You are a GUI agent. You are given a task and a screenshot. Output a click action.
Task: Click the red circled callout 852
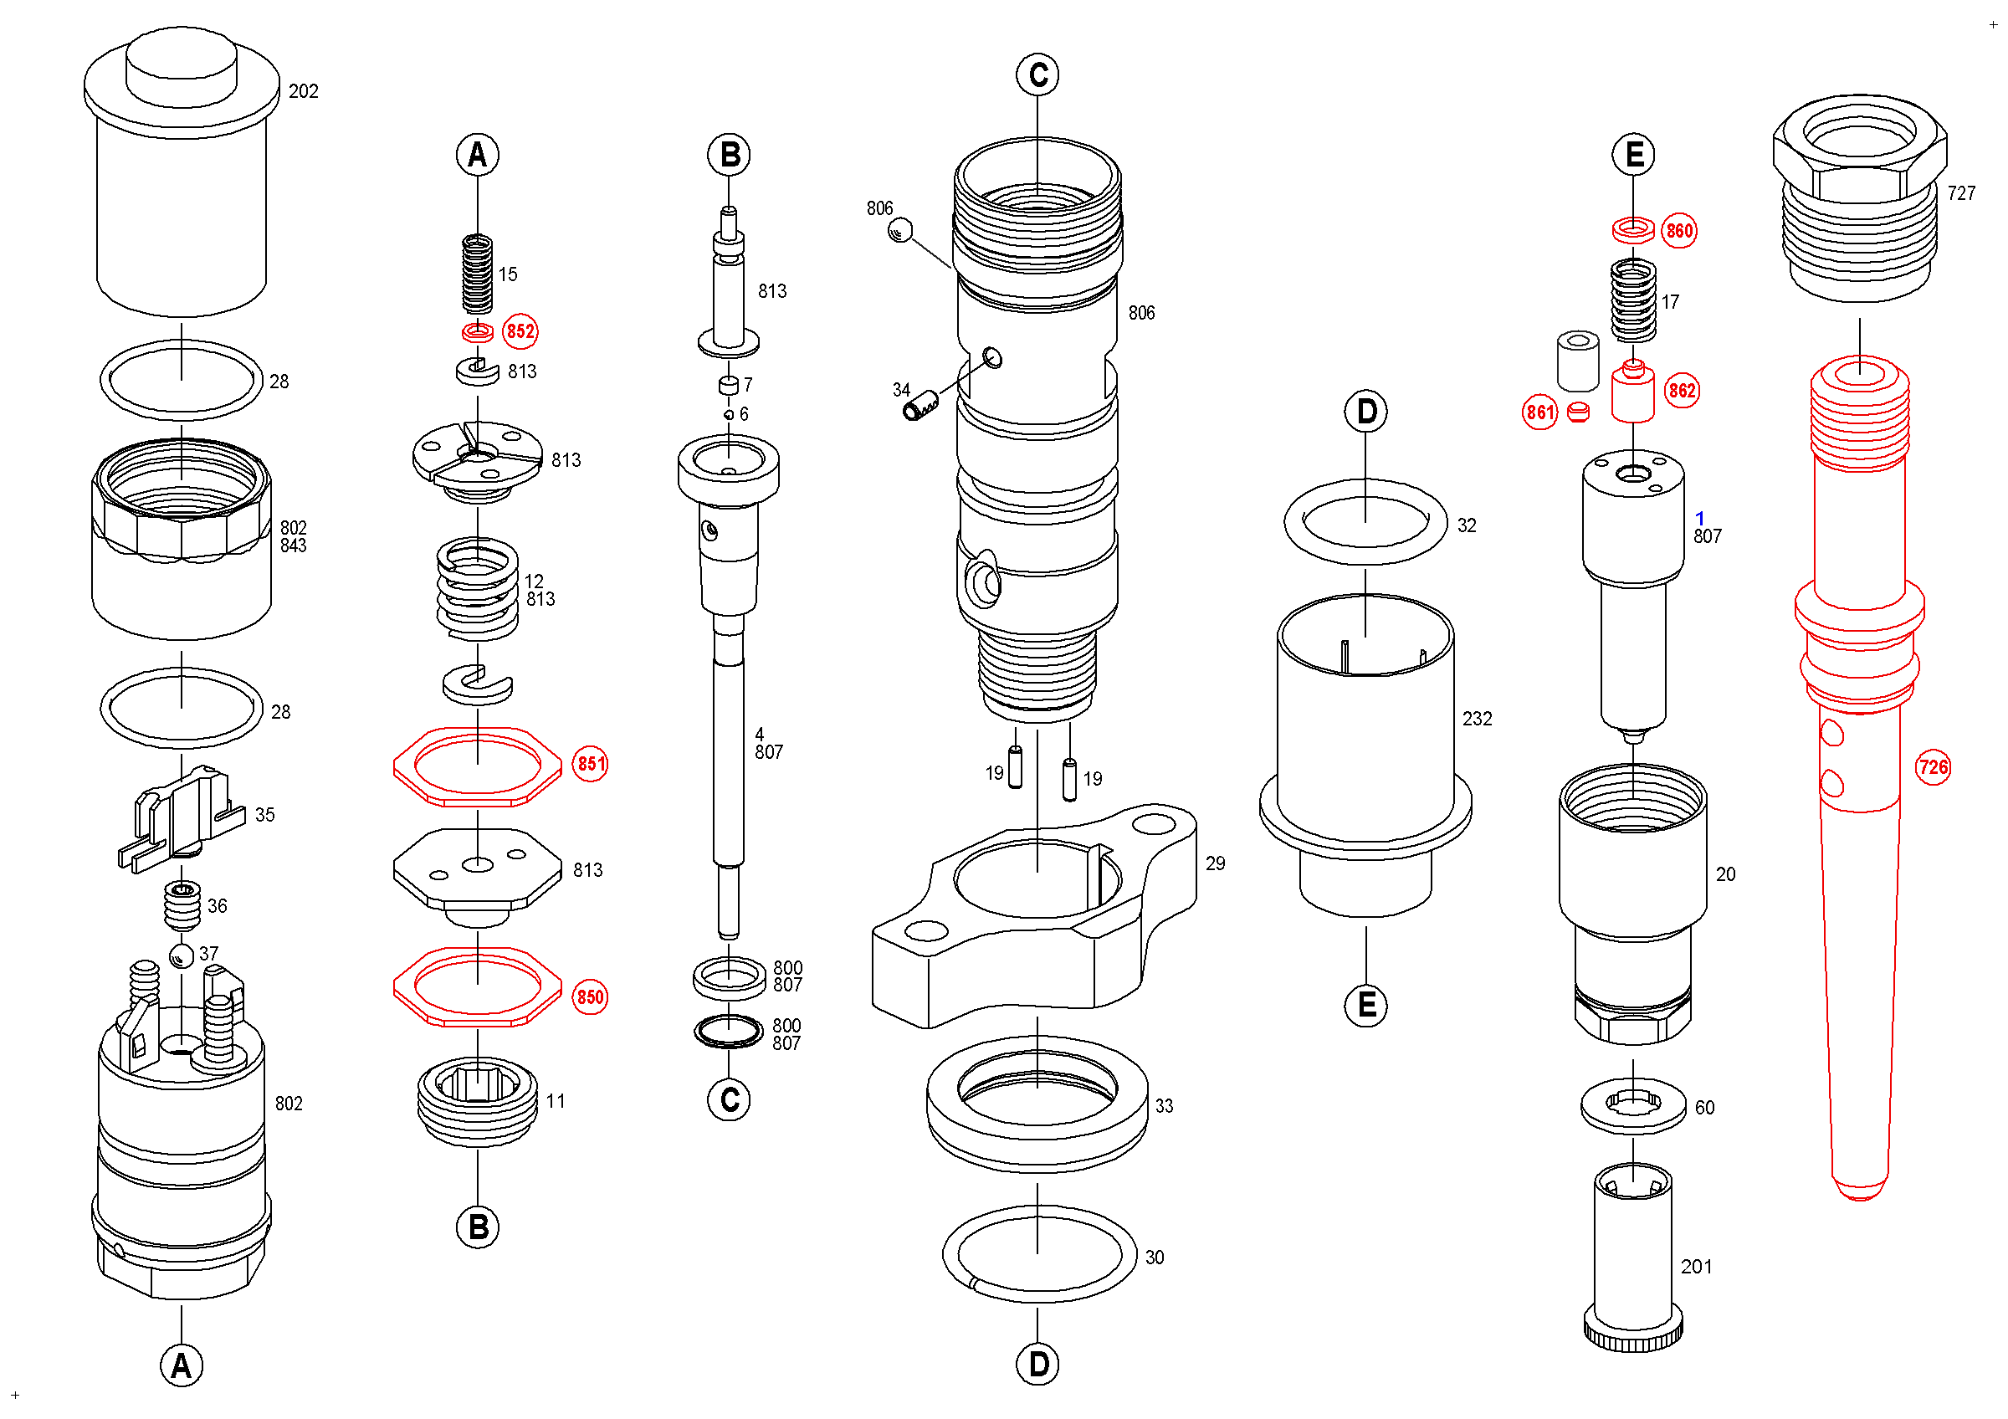point(520,331)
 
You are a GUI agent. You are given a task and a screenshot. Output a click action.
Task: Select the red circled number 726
point(1933,766)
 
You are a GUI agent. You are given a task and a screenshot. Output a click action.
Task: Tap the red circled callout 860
point(1679,231)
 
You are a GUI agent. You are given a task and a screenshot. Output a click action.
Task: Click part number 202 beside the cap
point(304,91)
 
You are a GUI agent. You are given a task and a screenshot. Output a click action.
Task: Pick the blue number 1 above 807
point(1699,519)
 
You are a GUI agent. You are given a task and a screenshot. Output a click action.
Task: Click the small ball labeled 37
point(182,955)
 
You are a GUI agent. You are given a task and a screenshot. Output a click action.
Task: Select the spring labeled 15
point(478,274)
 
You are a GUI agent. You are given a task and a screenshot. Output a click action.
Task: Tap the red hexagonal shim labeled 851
point(478,766)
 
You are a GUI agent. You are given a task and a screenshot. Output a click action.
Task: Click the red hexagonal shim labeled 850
point(478,986)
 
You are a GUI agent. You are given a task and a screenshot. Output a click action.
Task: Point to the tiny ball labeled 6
point(729,414)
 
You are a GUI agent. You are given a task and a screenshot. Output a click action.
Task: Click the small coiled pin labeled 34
point(920,405)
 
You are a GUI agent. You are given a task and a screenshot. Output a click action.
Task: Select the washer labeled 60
point(1633,1106)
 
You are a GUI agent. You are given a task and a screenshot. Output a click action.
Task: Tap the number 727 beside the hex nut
point(1961,193)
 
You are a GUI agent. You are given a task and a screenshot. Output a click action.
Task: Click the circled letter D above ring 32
point(1366,412)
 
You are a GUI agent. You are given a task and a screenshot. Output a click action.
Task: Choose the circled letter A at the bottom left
point(181,1365)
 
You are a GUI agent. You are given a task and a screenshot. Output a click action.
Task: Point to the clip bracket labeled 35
point(181,819)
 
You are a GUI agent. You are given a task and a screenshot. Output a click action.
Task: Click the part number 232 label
point(1478,718)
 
